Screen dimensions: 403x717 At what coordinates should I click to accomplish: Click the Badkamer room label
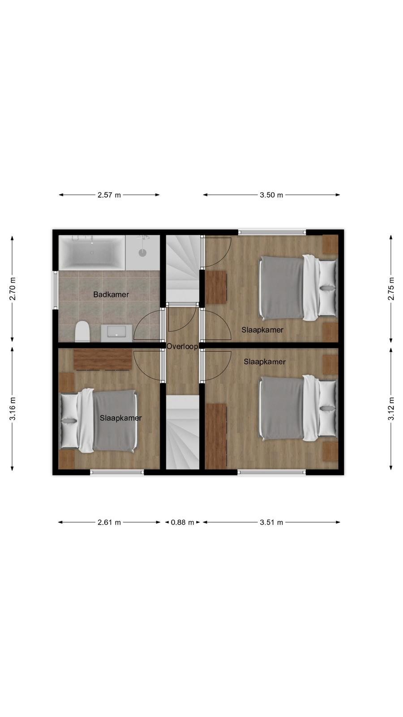point(111,294)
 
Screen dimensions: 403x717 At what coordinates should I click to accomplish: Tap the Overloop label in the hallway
point(182,346)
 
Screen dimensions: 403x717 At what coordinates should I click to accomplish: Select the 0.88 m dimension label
point(182,523)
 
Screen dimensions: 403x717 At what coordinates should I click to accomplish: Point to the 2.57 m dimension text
point(109,195)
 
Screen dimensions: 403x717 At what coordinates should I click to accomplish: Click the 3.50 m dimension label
point(271,195)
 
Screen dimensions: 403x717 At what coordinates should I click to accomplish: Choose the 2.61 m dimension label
point(109,523)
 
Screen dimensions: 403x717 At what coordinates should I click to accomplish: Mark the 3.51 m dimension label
point(271,523)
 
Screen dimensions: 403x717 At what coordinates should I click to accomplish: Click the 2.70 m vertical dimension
point(13,289)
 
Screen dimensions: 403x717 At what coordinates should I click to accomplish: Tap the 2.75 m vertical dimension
point(391,289)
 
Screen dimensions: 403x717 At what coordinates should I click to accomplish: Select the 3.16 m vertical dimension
point(13,409)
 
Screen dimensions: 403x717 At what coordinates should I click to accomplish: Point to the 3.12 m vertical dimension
point(391,409)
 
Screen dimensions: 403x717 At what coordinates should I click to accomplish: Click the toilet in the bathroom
point(82,332)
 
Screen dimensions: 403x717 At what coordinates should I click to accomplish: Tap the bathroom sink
point(116,333)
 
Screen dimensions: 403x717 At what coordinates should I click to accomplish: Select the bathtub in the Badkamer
point(92,253)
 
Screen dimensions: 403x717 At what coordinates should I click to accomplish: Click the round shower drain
point(142,253)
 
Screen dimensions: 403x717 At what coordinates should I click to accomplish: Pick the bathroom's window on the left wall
point(56,290)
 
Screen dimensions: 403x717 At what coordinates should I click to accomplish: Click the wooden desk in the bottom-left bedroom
point(103,359)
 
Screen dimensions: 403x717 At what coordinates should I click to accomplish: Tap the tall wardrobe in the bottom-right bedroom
point(215,436)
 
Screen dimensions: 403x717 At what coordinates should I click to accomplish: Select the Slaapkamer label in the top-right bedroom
point(262,330)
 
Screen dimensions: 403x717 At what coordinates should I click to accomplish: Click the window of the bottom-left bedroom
point(117,472)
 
